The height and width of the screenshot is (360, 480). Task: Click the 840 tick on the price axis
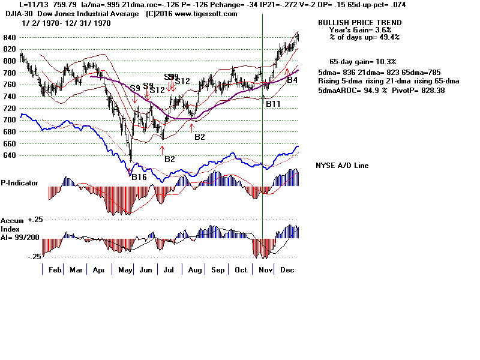tap(9, 37)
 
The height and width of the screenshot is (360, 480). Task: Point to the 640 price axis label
tap(9, 155)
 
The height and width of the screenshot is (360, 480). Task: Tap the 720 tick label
tap(9, 108)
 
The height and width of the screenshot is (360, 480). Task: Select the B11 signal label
tap(273, 104)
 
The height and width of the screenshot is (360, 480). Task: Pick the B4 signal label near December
tap(292, 79)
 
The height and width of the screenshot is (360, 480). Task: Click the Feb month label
tap(55, 270)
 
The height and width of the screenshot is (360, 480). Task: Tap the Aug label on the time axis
tap(195, 270)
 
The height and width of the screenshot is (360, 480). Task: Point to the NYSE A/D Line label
tap(342, 166)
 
